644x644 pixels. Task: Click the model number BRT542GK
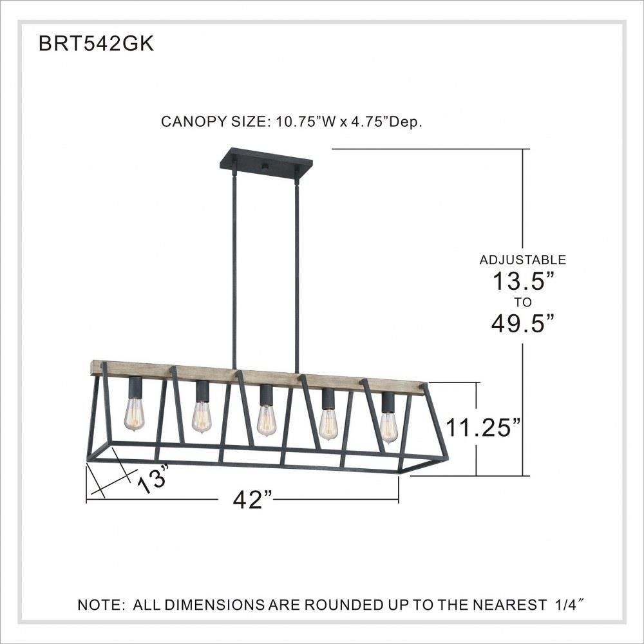coord(96,43)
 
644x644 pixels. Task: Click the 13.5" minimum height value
coord(523,281)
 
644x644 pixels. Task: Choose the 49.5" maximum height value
coord(523,324)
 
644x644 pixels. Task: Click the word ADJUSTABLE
coord(523,260)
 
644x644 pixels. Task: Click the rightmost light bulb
coord(388,428)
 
